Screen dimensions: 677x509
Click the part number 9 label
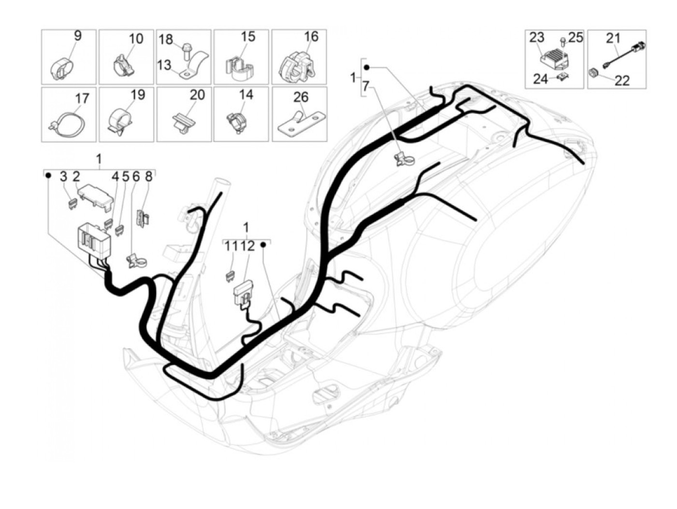pyautogui.click(x=78, y=36)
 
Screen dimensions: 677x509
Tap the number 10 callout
pyautogui.click(x=136, y=39)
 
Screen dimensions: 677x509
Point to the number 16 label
pyautogui.click(x=311, y=36)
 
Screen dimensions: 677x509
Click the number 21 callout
pyautogui.click(x=613, y=38)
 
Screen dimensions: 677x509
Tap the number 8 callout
pyautogui.click(x=148, y=177)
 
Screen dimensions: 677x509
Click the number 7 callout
pyautogui.click(x=366, y=87)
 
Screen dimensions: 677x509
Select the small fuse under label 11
pyautogui.click(x=229, y=276)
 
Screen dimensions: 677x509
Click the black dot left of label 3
pyautogui.click(x=48, y=176)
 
